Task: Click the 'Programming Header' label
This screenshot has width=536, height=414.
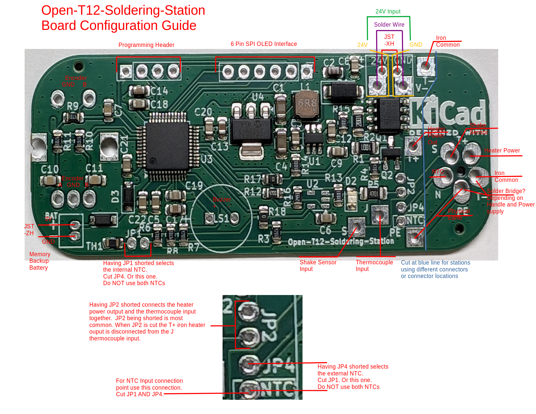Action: tap(146, 45)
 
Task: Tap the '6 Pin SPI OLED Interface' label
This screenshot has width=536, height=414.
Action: tap(263, 44)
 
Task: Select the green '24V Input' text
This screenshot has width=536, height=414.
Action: tap(388, 11)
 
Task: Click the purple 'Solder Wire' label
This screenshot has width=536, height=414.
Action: tap(389, 25)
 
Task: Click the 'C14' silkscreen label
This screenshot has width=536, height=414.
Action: tap(159, 91)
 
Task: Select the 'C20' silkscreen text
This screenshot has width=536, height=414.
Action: tap(203, 112)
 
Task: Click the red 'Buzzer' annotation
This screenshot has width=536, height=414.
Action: tap(222, 200)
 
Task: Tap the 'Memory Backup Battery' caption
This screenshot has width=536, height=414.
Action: tap(40, 261)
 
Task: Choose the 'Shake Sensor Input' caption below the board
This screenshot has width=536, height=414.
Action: tap(318, 266)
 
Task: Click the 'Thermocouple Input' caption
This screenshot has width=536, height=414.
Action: tap(374, 266)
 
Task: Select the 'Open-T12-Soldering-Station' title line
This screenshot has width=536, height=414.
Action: tap(123, 10)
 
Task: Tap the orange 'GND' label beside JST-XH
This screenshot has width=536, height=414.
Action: tap(415, 45)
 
